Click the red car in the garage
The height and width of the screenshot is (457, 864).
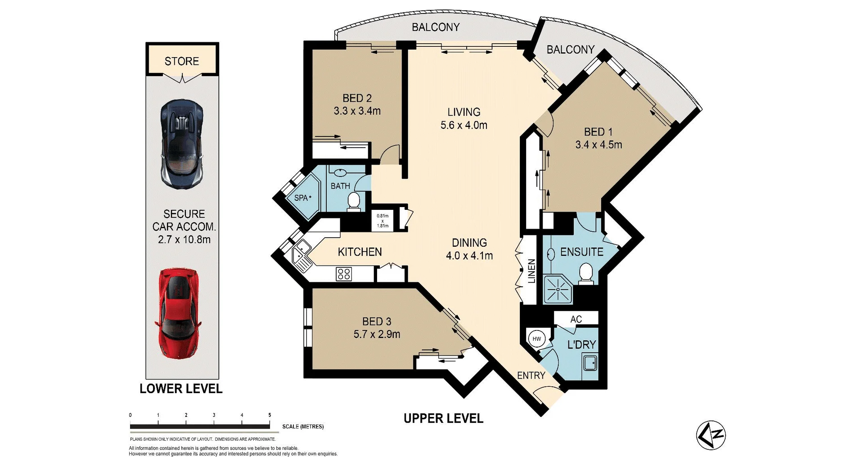179,314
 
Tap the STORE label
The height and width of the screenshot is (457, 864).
182,61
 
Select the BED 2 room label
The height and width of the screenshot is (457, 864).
357,98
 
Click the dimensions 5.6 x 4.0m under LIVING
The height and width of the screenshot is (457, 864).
464,125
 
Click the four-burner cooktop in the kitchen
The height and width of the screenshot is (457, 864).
344,274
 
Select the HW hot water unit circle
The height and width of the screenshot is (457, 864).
537,339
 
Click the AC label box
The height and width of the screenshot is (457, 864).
576,319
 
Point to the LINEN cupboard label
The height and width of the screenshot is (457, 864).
531,271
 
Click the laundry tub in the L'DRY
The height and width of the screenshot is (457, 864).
590,362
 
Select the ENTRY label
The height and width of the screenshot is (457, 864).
531,375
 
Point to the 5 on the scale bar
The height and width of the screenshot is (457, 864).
270,415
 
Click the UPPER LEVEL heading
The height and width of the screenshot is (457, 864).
443,418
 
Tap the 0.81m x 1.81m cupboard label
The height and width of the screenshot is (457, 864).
382,221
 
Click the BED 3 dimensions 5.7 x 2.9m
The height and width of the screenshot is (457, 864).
377,334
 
